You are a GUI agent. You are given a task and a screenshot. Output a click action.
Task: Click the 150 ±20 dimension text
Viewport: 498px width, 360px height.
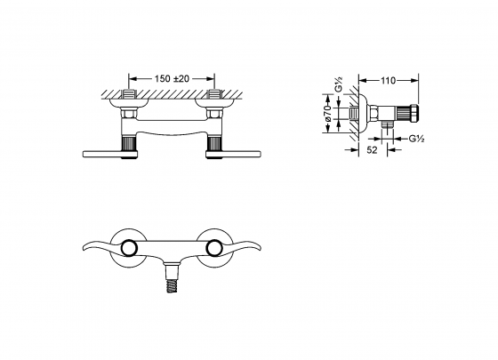tap(172, 78)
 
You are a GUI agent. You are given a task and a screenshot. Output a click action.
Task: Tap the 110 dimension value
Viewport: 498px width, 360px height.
tap(388, 81)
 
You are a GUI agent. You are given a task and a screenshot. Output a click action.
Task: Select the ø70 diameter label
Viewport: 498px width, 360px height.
tap(328, 113)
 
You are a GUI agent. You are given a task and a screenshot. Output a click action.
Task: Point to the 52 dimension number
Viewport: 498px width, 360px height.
tap(373, 149)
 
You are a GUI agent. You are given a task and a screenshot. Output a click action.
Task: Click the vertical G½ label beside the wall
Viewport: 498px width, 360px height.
tap(339, 84)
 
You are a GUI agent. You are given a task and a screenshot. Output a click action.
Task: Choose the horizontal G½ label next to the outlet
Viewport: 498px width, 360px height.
tap(416, 139)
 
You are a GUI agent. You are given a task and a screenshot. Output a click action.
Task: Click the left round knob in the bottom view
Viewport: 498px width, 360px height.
tap(129, 248)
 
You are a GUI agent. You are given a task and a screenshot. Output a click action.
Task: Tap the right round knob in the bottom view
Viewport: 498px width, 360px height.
tap(213, 248)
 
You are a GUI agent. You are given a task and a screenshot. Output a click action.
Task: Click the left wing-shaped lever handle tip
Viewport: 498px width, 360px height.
tap(84, 247)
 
